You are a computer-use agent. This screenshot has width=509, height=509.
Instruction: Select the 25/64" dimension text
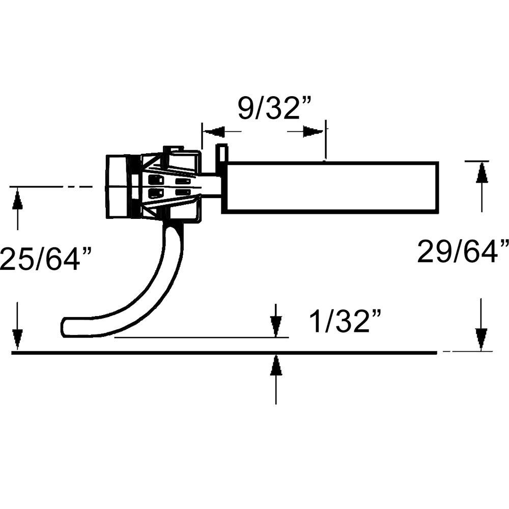[x=47, y=260]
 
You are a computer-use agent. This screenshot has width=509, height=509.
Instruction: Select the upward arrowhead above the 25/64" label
[x=17, y=200]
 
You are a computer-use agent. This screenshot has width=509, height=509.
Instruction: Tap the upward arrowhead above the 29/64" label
[x=482, y=173]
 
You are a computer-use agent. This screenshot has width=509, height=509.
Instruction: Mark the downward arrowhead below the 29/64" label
[x=482, y=339]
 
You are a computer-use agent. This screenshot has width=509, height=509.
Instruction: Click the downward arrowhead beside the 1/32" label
[x=276, y=325]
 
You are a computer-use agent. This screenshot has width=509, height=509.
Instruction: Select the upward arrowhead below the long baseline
[x=276, y=365]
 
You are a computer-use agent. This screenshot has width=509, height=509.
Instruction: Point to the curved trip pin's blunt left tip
[x=65, y=327]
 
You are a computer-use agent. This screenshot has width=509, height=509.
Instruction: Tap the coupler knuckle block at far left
[x=118, y=187]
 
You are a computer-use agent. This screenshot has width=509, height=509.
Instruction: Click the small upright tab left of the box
[x=222, y=153]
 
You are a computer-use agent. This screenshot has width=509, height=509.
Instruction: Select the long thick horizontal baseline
[x=224, y=352]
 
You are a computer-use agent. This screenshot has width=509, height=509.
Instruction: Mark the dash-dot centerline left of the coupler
[x=51, y=187]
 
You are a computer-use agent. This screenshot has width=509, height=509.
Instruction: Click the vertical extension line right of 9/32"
[x=325, y=140]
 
